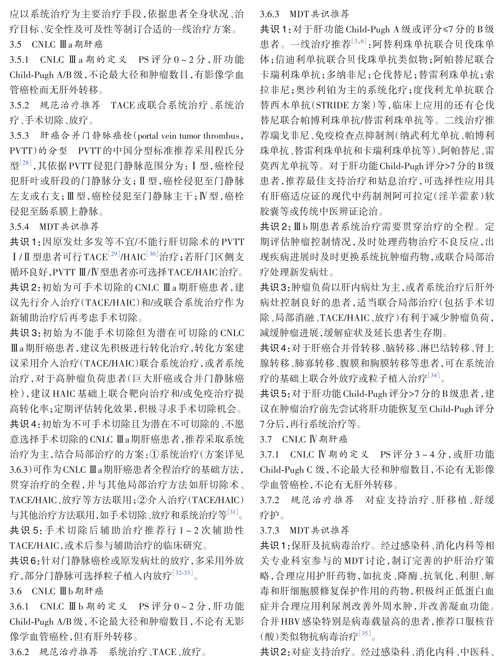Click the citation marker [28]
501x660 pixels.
pos(25,163)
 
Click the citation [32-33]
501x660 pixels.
pos(183,573)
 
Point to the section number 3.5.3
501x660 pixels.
pos(20,136)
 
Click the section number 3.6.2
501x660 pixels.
pos(20,652)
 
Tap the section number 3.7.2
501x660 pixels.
pos(270,500)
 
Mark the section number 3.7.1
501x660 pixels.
pos(270,455)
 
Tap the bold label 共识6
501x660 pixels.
pos(25,561)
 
